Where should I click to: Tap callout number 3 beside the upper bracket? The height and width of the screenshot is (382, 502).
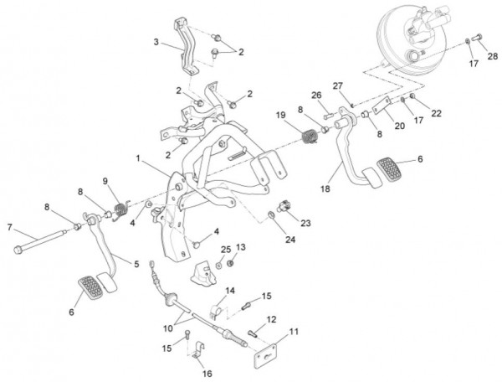(x=156, y=42)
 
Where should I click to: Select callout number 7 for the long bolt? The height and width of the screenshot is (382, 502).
(x=9, y=227)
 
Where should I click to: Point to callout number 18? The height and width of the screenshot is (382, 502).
(x=323, y=190)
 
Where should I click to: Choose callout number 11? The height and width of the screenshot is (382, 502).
(x=294, y=332)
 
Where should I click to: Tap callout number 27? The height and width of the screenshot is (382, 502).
(x=338, y=86)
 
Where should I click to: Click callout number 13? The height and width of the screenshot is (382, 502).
(x=240, y=247)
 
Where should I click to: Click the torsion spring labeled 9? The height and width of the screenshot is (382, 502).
(x=120, y=204)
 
